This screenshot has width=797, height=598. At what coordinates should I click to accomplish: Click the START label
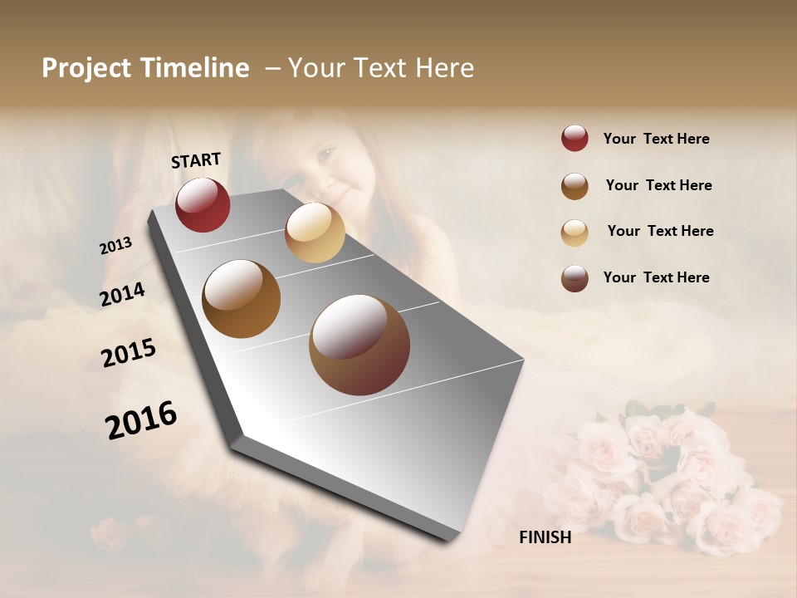tap(196, 160)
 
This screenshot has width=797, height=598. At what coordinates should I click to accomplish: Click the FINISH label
tap(545, 537)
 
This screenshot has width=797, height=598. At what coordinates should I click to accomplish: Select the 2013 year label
tap(115, 246)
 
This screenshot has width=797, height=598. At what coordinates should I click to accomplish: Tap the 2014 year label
tap(122, 294)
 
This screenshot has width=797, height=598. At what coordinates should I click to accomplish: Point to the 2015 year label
tap(129, 352)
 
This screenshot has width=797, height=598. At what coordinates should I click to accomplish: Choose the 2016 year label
tap(141, 419)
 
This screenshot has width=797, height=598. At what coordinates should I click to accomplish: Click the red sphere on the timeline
tap(203, 204)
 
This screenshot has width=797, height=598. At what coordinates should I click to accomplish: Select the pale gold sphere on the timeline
tap(315, 233)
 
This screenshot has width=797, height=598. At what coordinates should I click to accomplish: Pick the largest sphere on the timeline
tap(359, 345)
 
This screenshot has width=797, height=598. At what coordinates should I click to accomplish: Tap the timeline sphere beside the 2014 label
tap(241, 299)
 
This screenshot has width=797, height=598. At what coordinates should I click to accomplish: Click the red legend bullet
tap(575, 139)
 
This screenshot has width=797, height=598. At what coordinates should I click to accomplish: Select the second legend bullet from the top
tap(575, 186)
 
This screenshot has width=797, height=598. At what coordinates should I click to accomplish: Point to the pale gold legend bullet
tap(575, 232)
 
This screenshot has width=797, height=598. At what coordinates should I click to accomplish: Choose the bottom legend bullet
tap(575, 278)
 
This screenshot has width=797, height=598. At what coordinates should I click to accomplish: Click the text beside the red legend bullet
tap(656, 139)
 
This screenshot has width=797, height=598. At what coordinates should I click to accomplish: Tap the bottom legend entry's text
tap(656, 277)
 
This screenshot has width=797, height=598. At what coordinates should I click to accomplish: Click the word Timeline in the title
tap(195, 68)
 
